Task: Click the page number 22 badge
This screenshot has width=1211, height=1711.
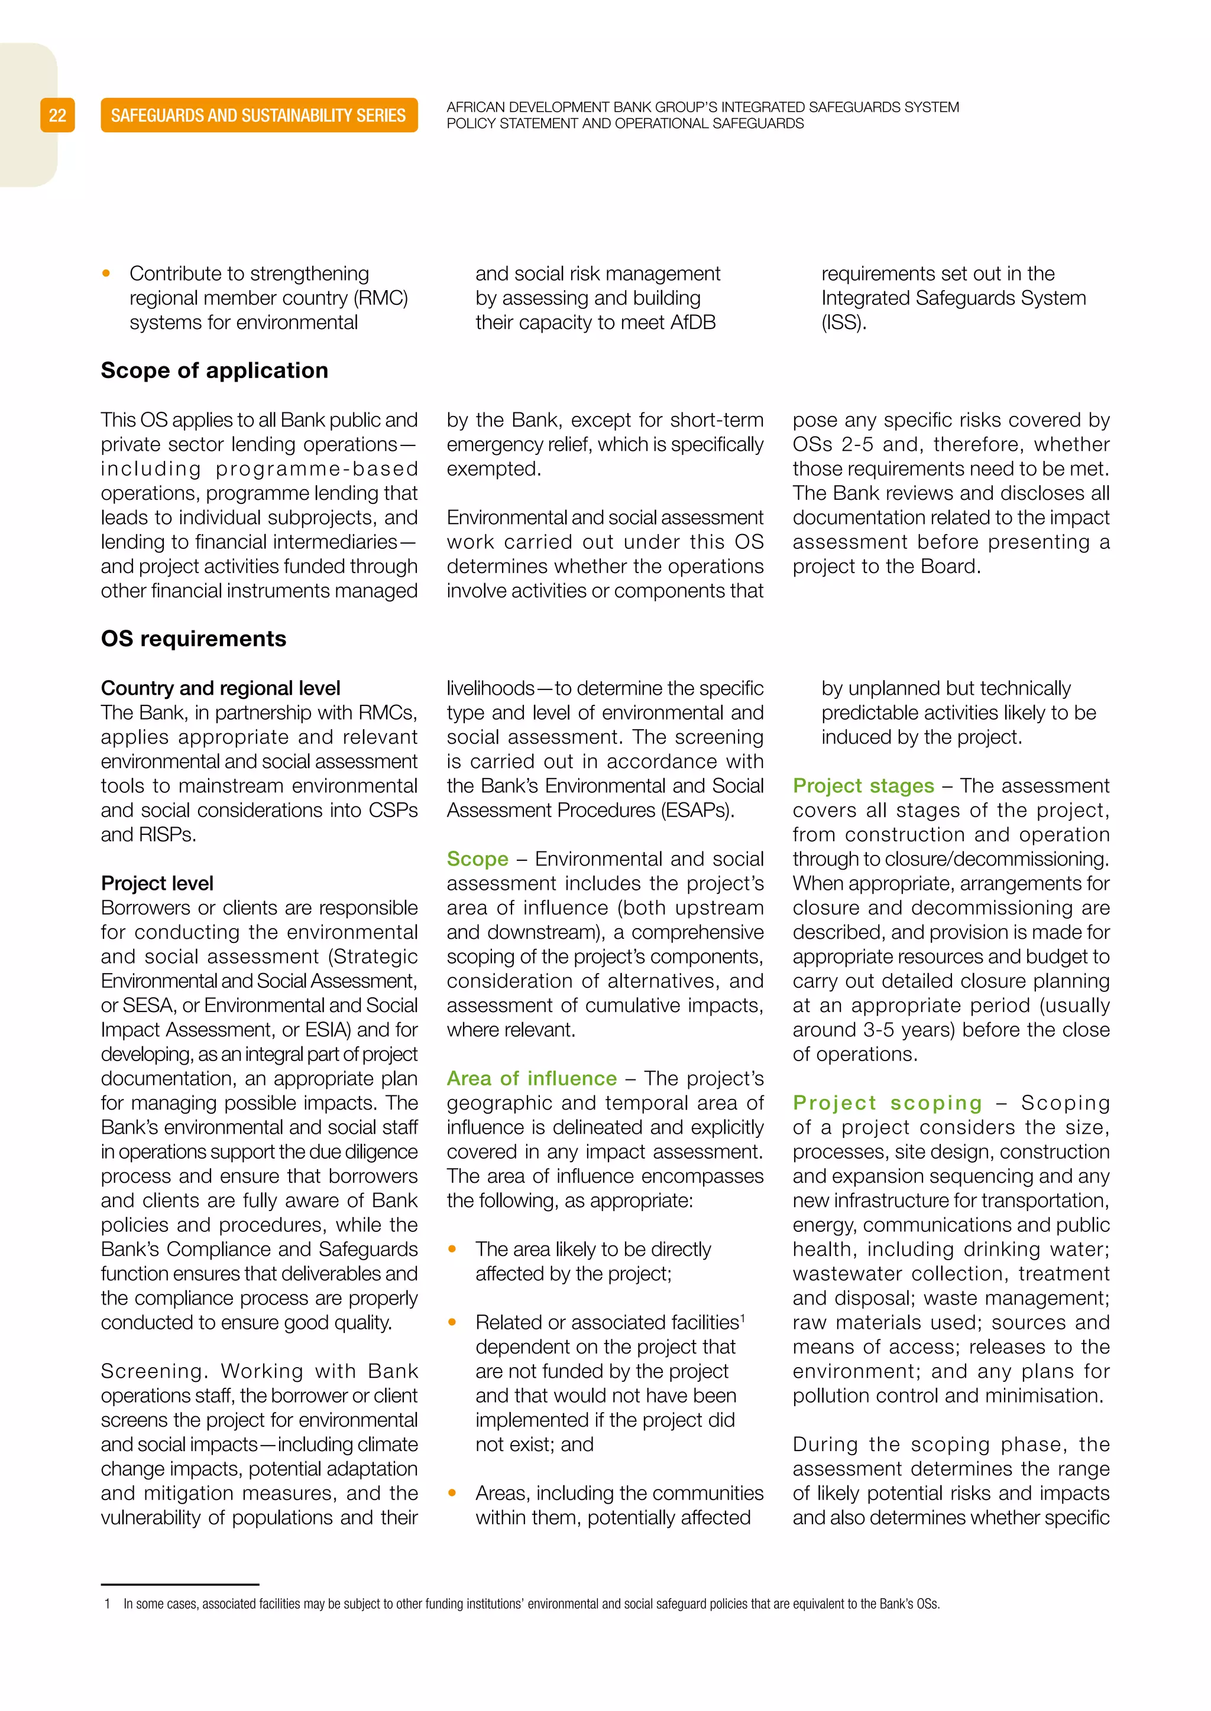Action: [57, 116]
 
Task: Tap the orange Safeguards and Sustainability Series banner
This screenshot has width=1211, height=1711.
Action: [259, 116]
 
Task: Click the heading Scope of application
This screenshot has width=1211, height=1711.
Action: [214, 370]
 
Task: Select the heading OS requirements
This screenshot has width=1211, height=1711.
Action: [193, 639]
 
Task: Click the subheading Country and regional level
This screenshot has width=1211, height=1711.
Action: [220, 688]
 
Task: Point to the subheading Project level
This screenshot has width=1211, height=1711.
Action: [157, 883]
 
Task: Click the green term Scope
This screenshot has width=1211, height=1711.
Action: [477, 858]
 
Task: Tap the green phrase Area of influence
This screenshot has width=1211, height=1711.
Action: [532, 1078]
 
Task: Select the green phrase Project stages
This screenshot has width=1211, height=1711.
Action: [863, 785]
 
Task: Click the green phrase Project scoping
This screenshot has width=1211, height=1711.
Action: [888, 1103]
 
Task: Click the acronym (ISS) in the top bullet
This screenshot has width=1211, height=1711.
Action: [843, 323]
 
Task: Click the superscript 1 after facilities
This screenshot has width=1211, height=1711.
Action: [742, 1318]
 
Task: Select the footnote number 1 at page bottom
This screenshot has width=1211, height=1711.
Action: [108, 1603]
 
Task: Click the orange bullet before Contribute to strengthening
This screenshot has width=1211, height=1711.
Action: [106, 274]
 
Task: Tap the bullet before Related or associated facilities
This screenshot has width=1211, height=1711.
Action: [452, 1322]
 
